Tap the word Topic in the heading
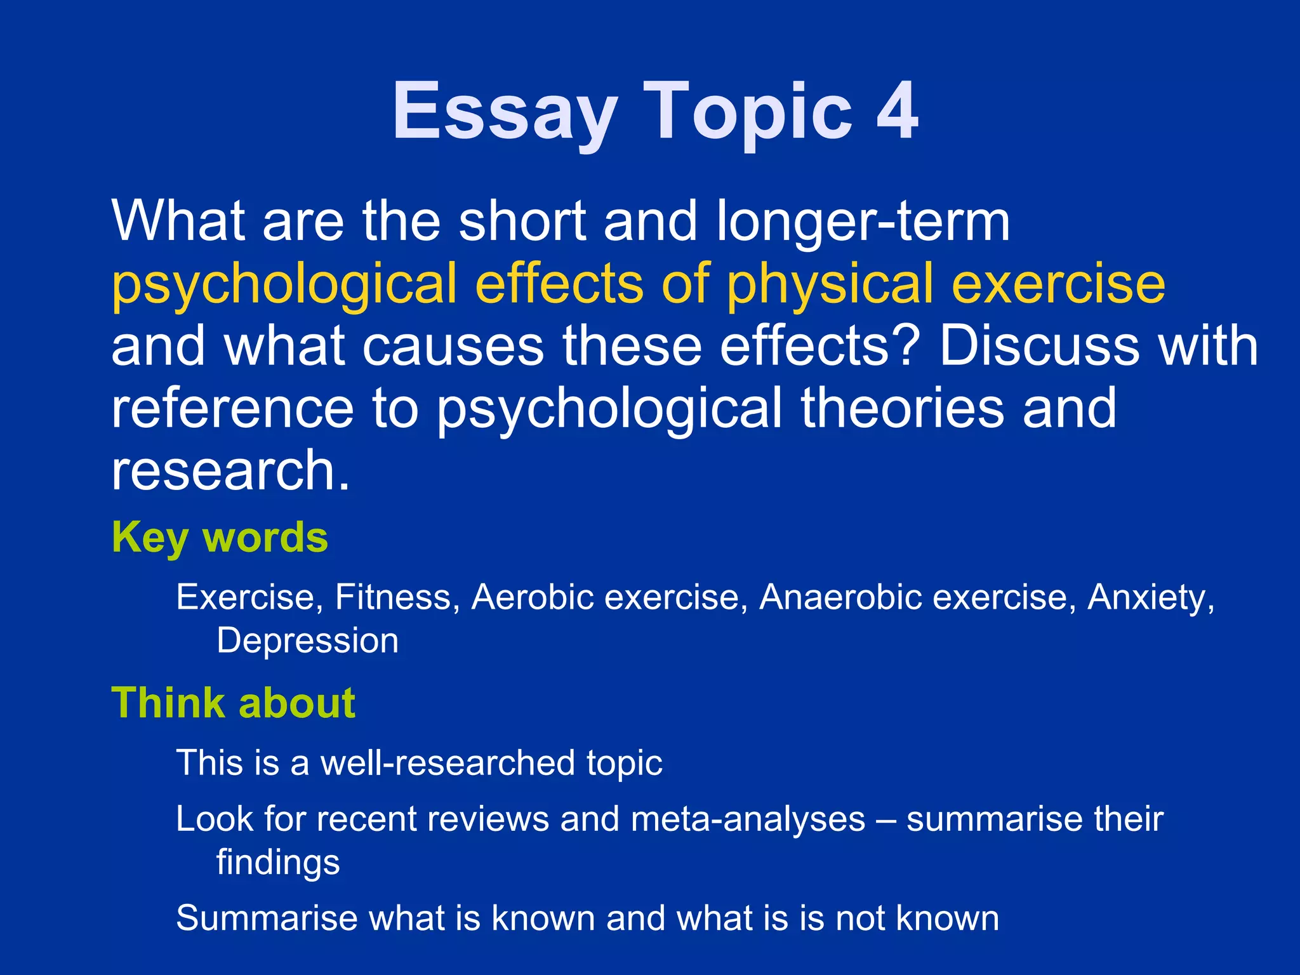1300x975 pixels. point(748,113)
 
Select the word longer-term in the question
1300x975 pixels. point(863,222)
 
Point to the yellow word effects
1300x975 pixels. point(559,284)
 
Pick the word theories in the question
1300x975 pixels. point(902,408)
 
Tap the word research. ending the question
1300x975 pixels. point(230,470)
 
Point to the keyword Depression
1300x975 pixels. point(307,641)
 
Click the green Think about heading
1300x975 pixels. point(233,703)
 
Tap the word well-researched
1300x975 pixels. point(448,762)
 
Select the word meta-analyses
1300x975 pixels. point(748,819)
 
